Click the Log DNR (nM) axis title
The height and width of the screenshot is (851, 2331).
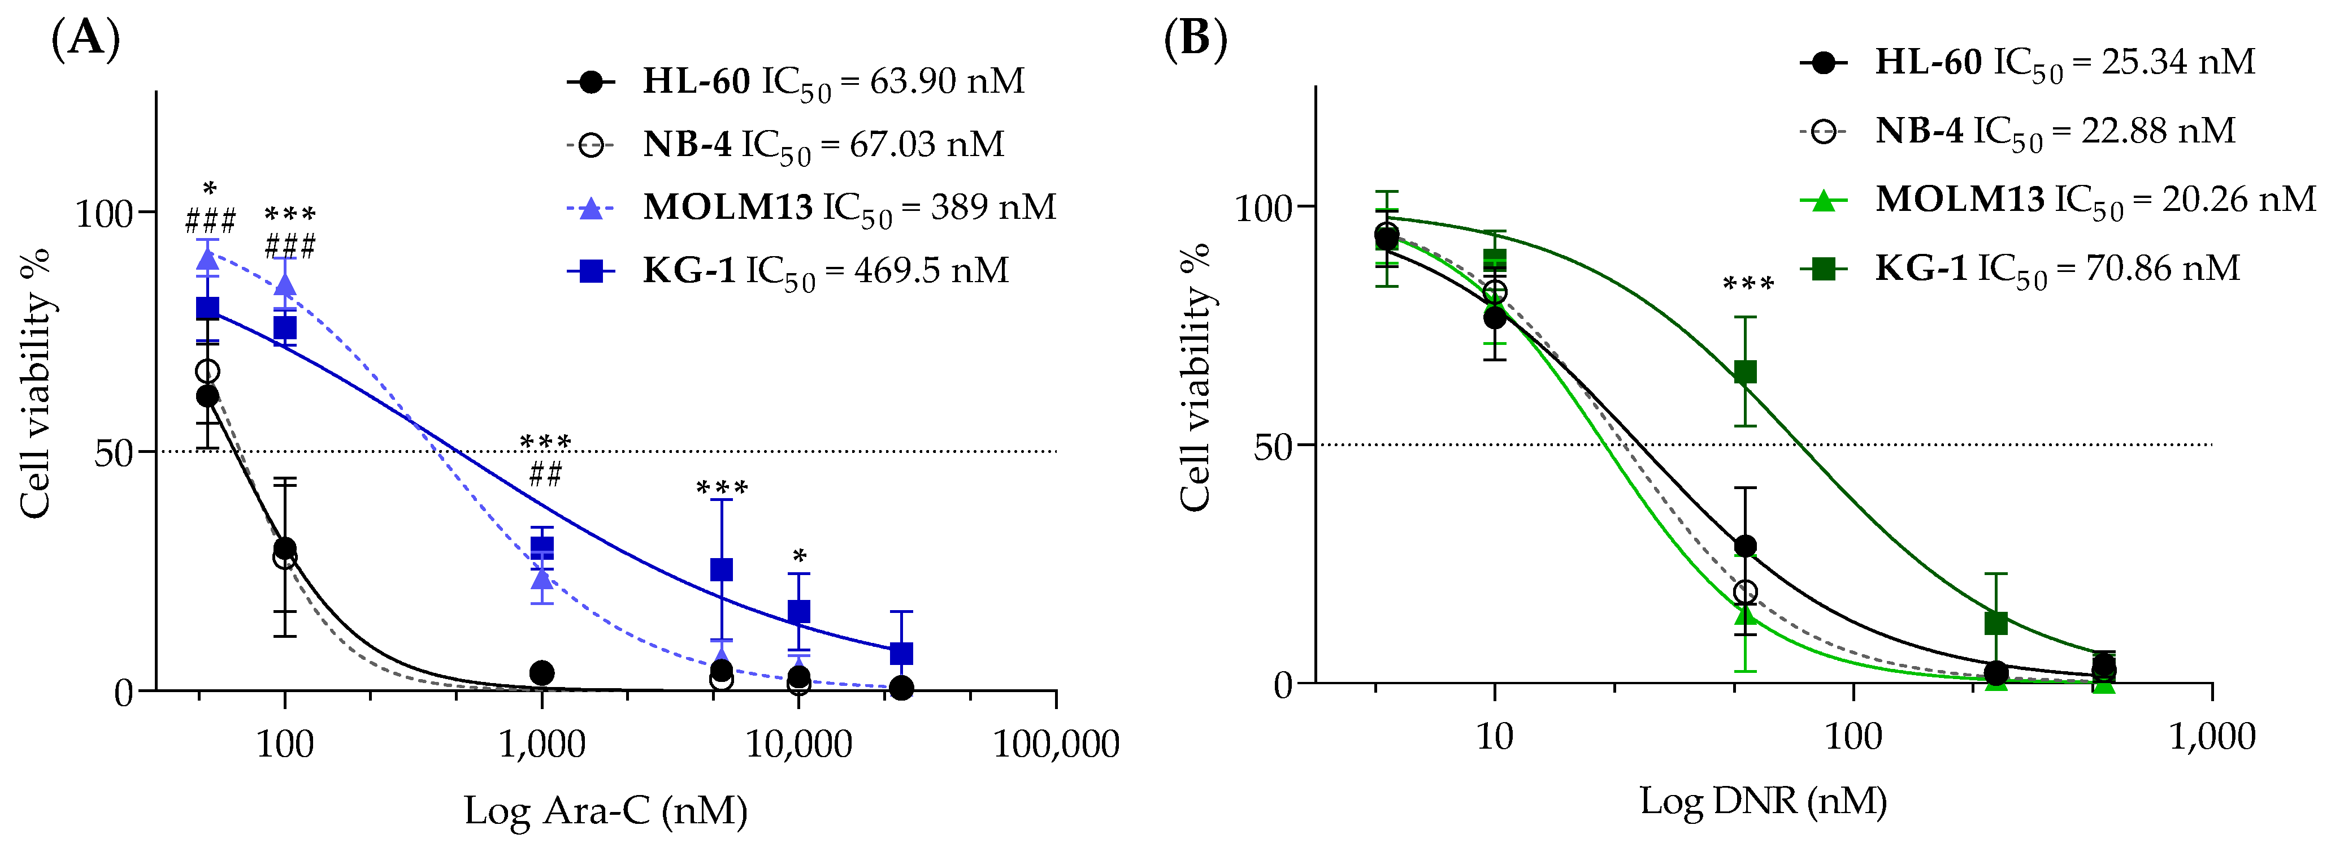(x=1763, y=801)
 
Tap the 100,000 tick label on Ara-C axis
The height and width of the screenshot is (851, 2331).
(x=1056, y=744)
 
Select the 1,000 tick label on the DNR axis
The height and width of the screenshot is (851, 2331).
(x=2212, y=737)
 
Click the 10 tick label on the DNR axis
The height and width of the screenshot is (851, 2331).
(x=1494, y=737)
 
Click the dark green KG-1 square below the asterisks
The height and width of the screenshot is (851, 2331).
(x=1746, y=372)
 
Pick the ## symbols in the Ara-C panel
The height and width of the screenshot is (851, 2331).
(x=545, y=473)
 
